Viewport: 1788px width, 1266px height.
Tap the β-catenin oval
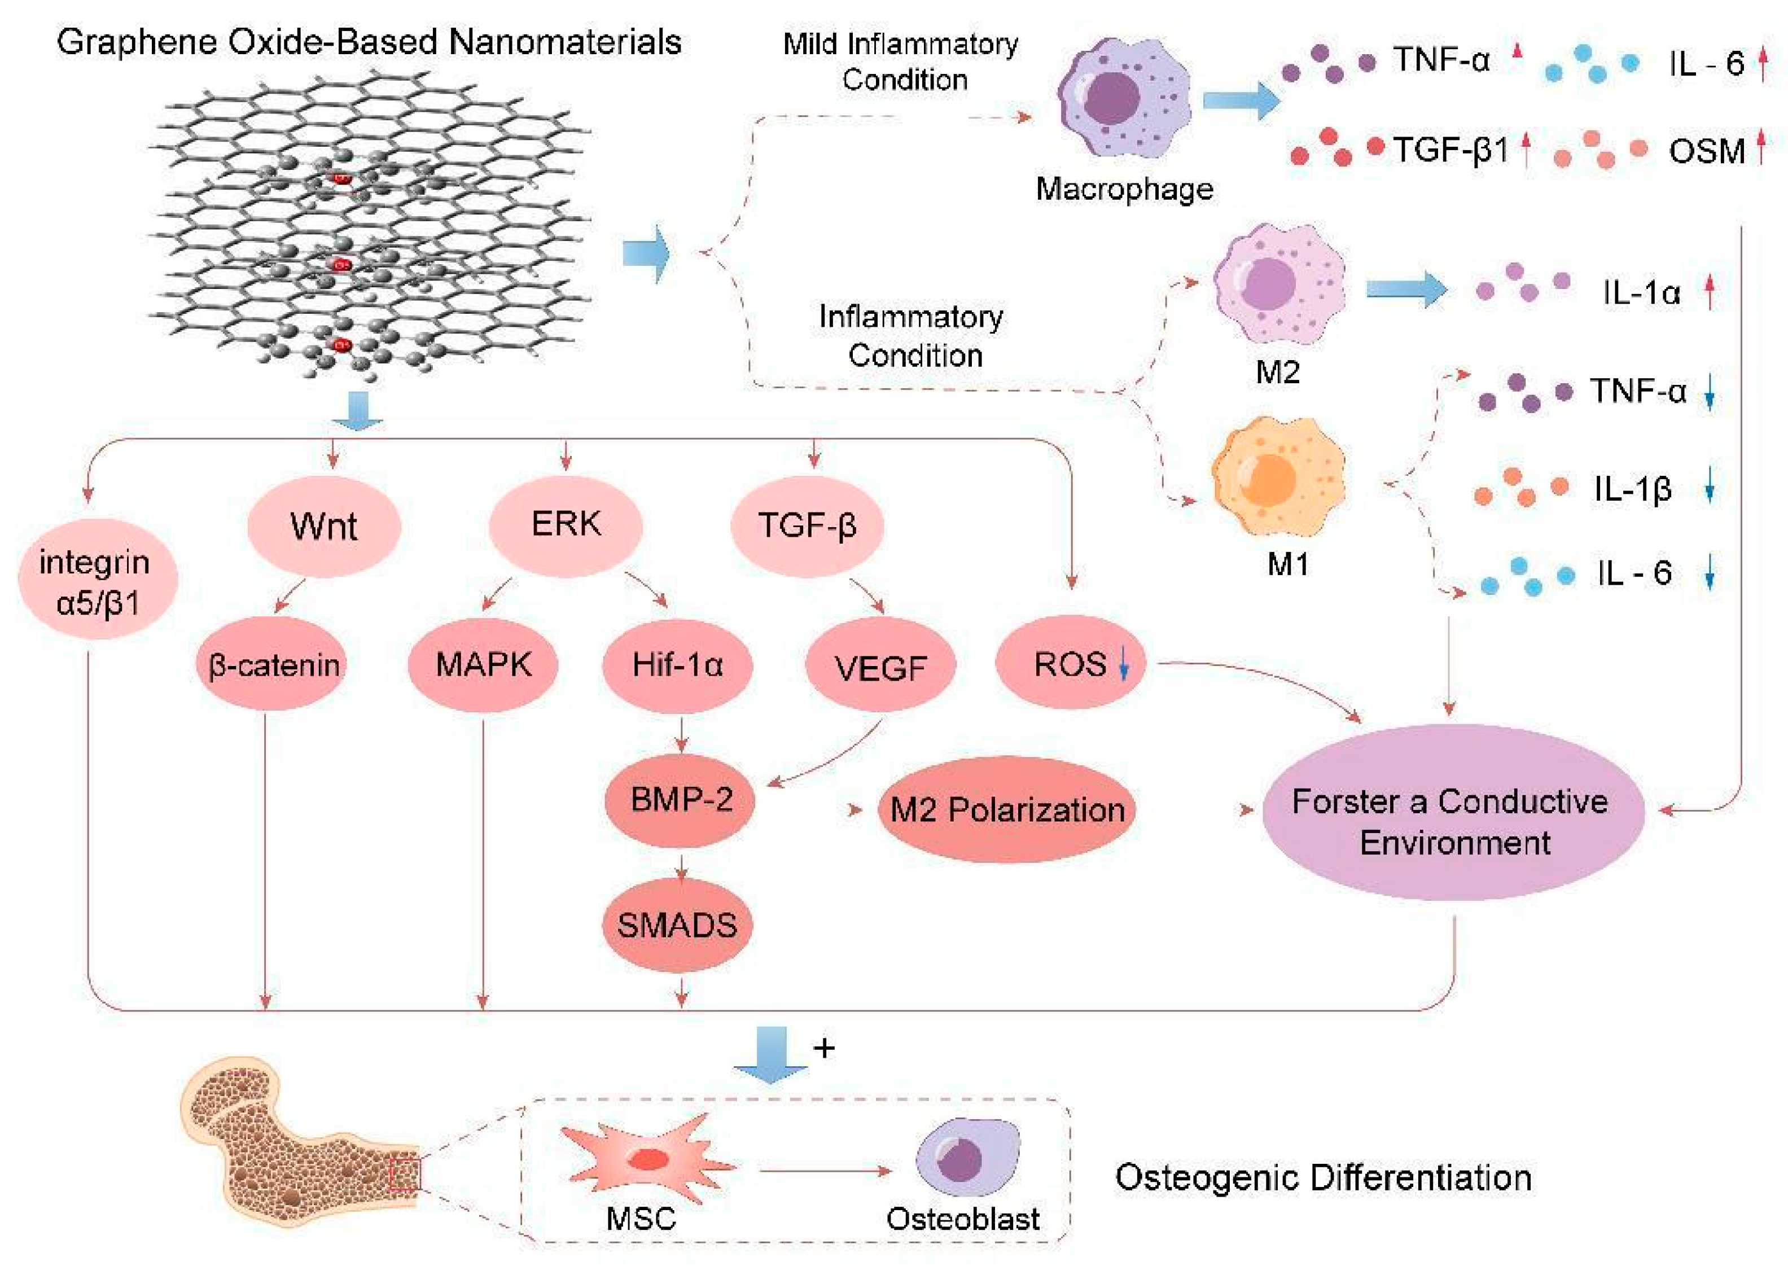pos(272,665)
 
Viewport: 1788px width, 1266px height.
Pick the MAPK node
pos(483,665)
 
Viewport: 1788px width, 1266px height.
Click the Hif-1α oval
pos(677,665)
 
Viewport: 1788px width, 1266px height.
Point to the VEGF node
pos(881,667)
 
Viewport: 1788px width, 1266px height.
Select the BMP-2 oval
pos(681,800)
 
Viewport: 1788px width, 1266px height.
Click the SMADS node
pos(677,925)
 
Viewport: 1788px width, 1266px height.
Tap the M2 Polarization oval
pos(1007,809)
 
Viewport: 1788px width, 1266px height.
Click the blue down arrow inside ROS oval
pos(1123,664)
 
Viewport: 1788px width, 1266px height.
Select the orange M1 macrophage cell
pos(1278,477)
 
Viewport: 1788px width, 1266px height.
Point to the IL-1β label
pos(1633,489)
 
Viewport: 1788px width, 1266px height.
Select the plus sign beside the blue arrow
pos(824,1049)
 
